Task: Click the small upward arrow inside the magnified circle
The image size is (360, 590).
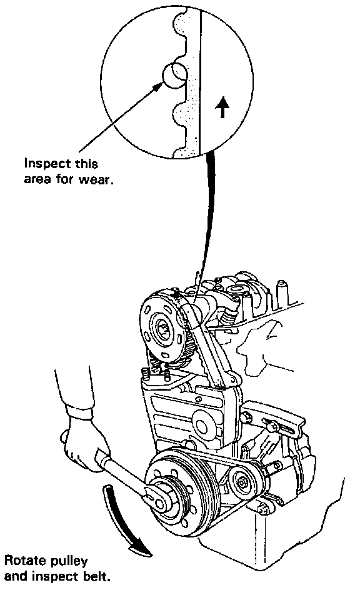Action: click(x=222, y=107)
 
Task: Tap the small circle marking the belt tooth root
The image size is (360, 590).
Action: click(x=174, y=75)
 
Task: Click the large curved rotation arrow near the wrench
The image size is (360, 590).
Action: click(x=124, y=519)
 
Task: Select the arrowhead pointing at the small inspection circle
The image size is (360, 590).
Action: click(x=158, y=86)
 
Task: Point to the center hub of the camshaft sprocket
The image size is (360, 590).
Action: click(x=164, y=327)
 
